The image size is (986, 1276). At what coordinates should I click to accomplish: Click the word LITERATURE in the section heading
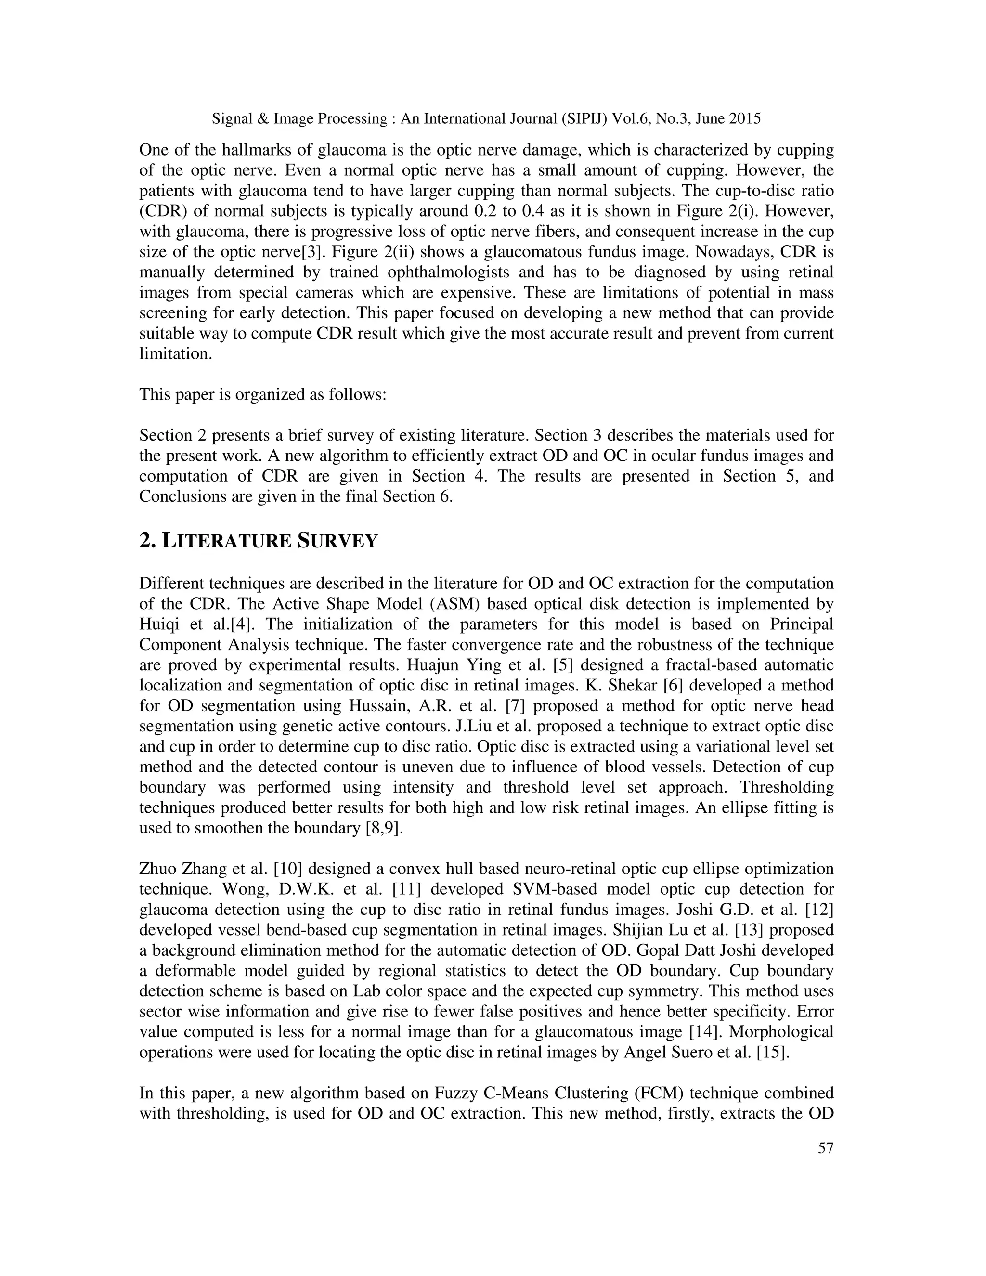[226, 541]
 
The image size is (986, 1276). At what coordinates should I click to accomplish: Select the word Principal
[802, 624]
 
